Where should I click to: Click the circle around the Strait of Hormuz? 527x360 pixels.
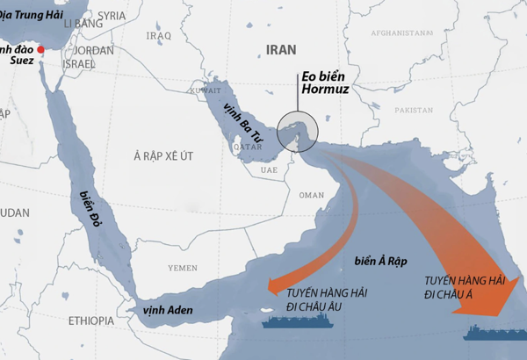298,133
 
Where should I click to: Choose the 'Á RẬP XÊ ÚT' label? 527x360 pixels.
162,155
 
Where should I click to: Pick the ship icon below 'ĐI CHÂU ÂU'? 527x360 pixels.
294,320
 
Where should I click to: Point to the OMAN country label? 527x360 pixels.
312,195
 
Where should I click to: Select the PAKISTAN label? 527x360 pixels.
414,111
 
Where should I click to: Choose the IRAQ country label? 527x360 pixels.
159,36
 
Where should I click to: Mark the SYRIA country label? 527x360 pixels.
112,16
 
